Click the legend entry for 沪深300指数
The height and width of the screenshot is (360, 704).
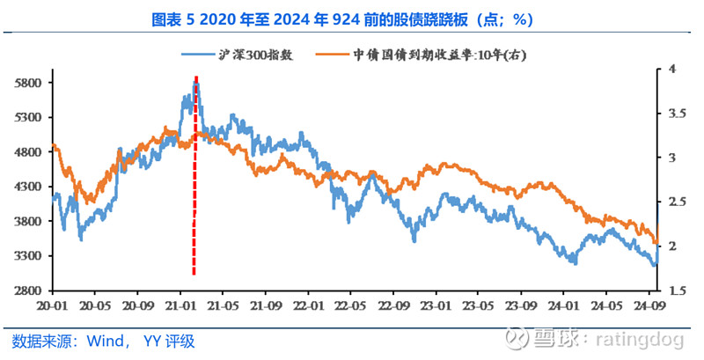coord(238,54)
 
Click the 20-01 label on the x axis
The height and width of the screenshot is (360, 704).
coord(52,305)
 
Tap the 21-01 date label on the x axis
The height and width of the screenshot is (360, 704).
coord(180,305)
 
